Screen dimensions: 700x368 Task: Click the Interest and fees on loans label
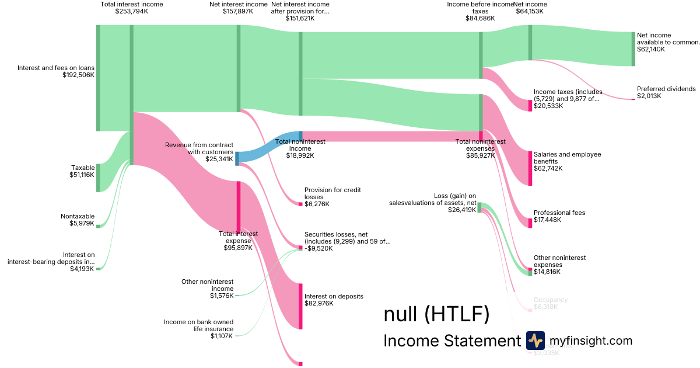click(56, 67)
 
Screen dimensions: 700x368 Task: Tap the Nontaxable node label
click(78, 216)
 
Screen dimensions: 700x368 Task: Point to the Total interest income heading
click(132, 4)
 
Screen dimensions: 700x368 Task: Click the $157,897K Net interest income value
click(238, 11)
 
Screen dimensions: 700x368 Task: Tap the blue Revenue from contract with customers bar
click(237, 158)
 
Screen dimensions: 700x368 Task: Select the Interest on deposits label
click(334, 296)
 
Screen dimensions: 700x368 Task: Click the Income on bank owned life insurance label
click(198, 325)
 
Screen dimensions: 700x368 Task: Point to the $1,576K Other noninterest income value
click(222, 296)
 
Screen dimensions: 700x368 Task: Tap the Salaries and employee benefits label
click(559, 158)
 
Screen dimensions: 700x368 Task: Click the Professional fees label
click(559, 213)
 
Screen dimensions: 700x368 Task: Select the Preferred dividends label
click(666, 89)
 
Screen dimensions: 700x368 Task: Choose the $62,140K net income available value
click(651, 49)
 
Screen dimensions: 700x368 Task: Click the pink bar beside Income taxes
click(530, 105)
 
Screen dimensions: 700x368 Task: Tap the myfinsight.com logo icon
click(535, 341)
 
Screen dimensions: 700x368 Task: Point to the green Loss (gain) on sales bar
click(480, 207)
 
